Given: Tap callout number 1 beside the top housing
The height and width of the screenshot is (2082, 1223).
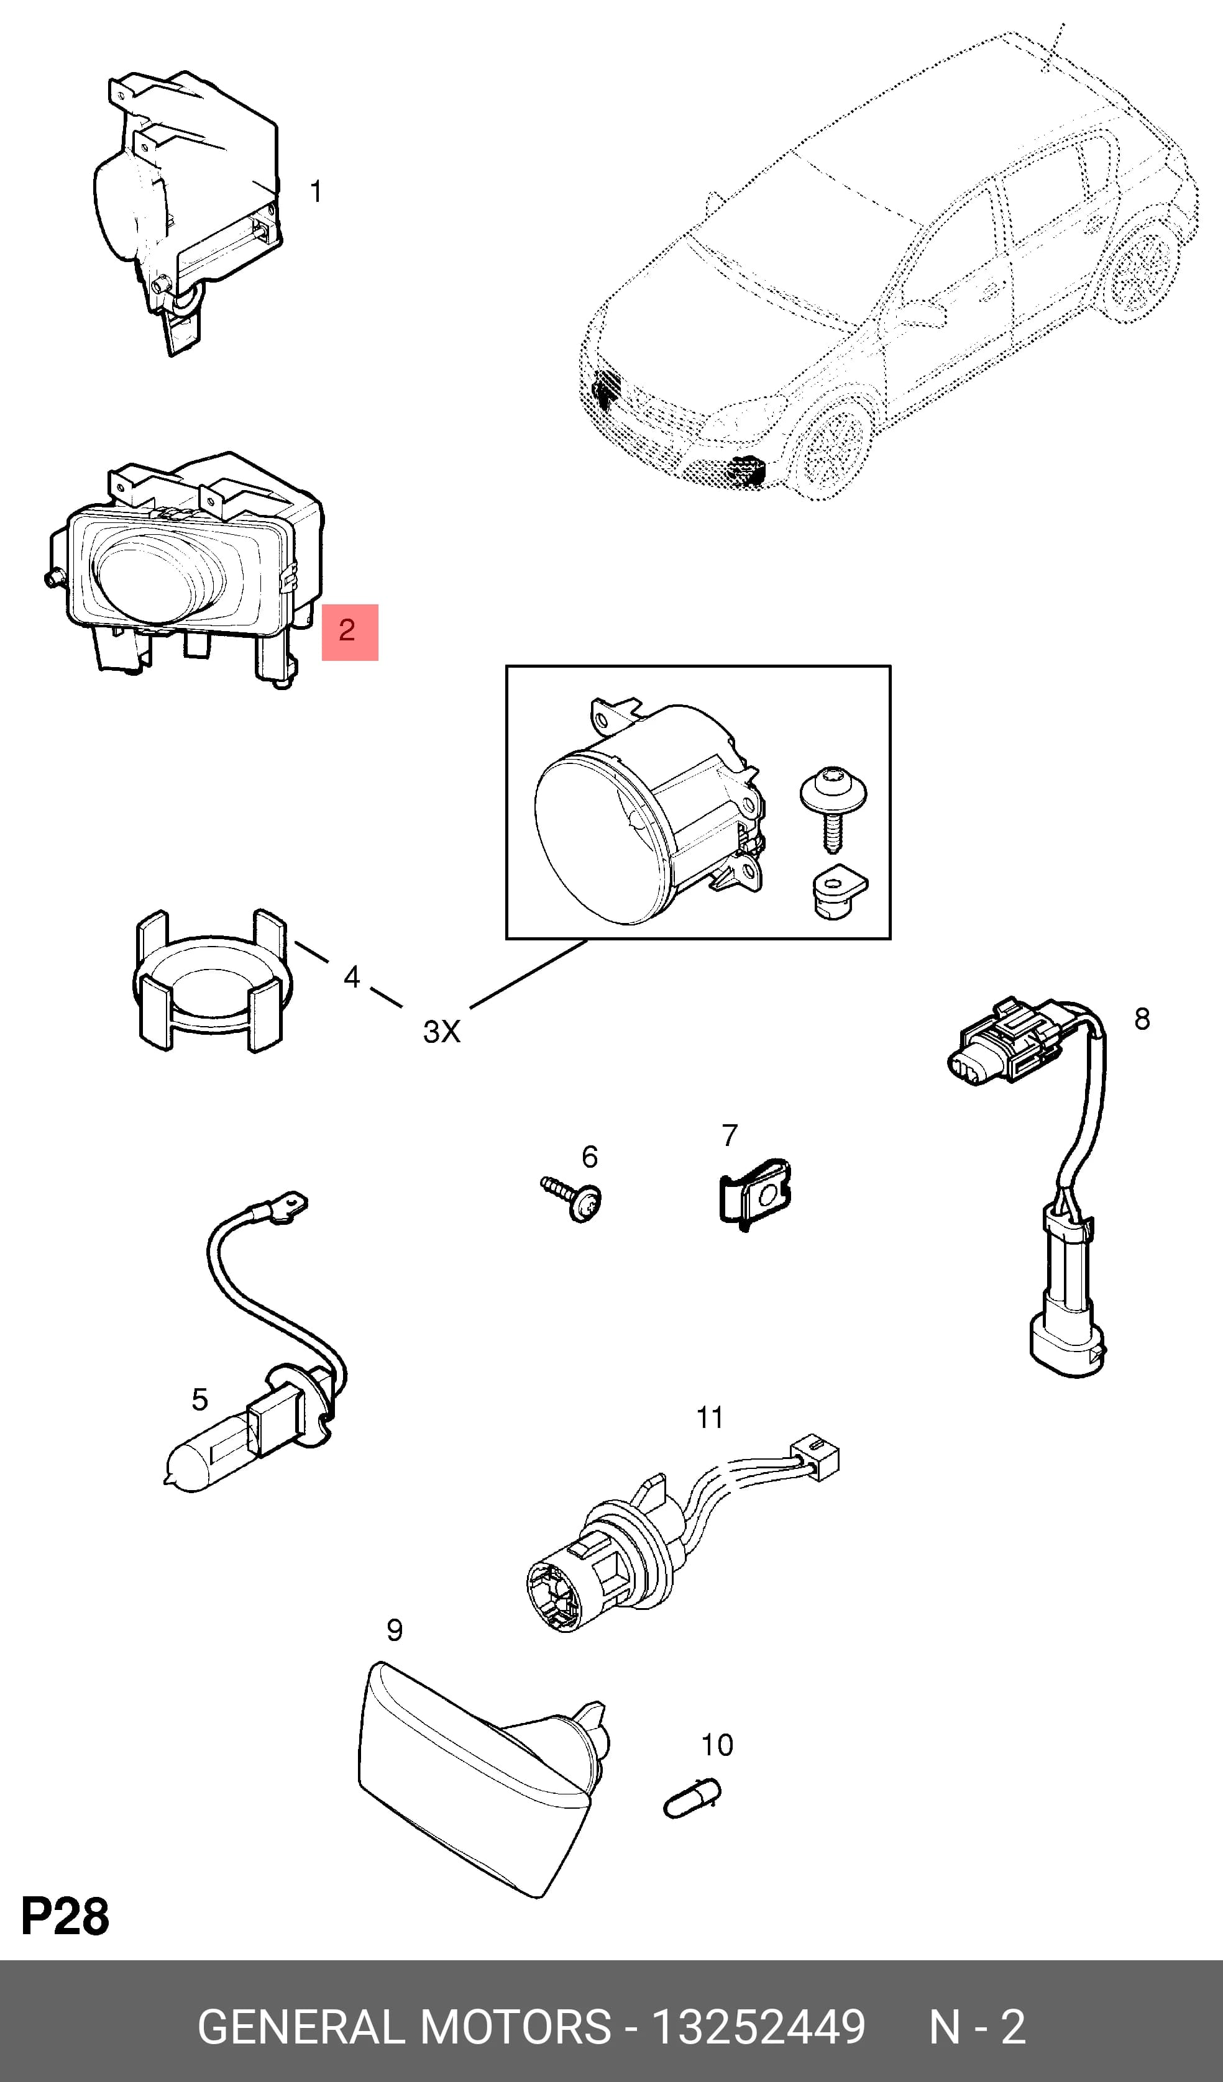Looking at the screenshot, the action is click(315, 192).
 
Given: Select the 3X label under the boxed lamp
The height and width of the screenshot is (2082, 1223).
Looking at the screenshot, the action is click(441, 1031).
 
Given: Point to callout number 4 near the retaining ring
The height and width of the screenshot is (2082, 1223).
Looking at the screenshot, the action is click(352, 978).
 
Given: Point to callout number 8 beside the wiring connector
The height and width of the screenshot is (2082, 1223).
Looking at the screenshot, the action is click(1142, 1019).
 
